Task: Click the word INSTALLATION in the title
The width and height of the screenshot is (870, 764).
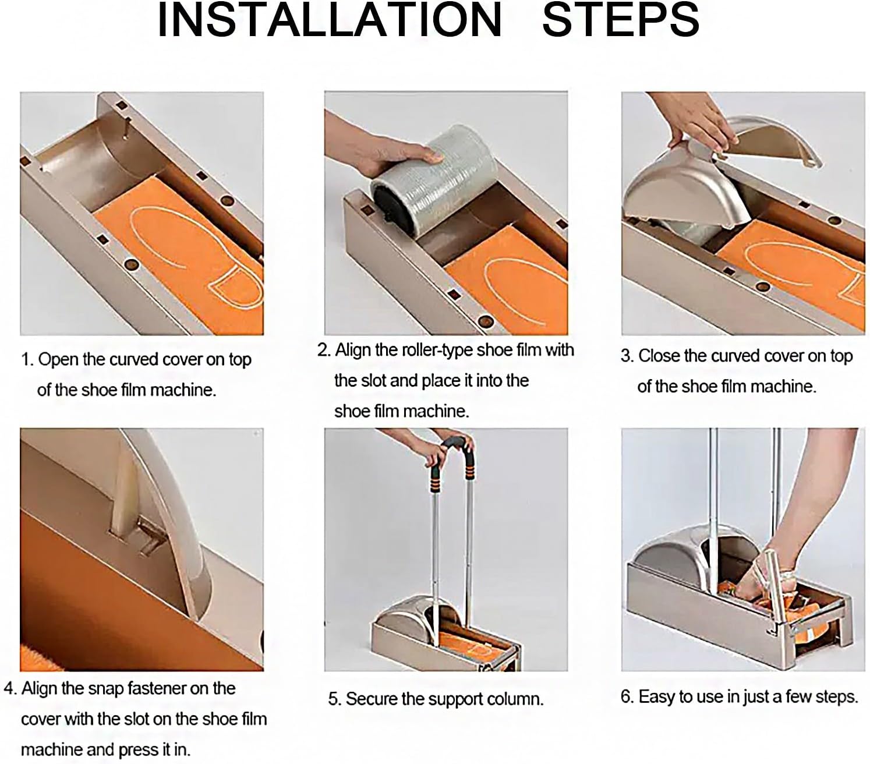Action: pos(329,20)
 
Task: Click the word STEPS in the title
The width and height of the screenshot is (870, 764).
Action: pos(620,20)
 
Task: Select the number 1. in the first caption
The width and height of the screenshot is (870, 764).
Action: pos(27,360)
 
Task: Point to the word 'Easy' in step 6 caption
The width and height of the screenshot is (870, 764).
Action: pos(657,696)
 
